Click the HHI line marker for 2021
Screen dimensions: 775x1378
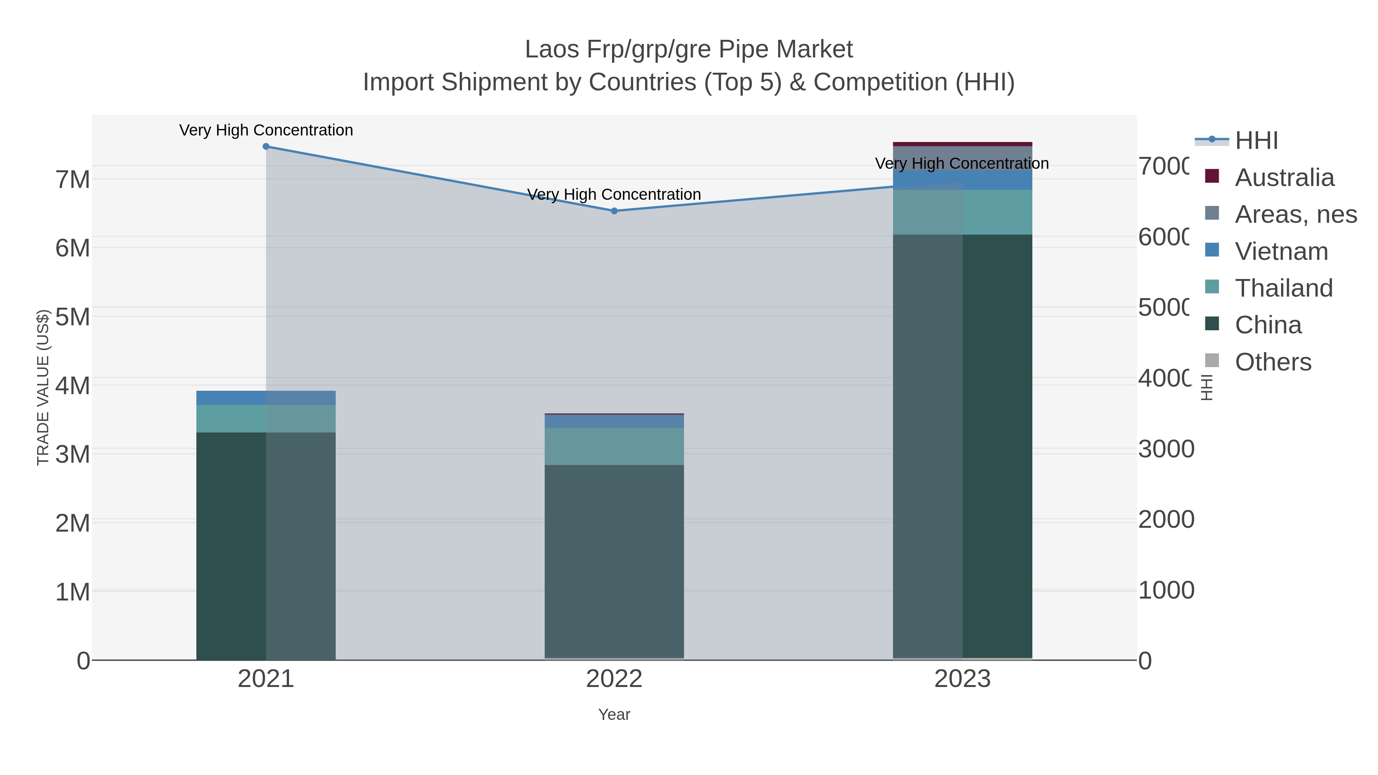(266, 147)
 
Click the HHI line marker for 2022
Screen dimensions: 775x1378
(614, 211)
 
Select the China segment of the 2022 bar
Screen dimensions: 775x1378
(614, 561)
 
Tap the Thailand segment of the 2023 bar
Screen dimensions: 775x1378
(962, 212)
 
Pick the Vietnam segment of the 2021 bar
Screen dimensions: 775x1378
(266, 398)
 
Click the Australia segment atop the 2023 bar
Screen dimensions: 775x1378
(962, 144)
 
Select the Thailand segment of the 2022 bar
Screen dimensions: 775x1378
(614, 447)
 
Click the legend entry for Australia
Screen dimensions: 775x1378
(1284, 178)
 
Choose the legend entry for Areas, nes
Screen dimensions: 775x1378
(1295, 214)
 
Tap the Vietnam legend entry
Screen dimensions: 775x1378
(1281, 251)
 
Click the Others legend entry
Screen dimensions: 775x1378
(1273, 362)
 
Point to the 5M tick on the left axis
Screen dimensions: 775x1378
(72, 317)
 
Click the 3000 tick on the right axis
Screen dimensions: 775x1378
(1166, 449)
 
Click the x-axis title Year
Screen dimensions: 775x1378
(614, 715)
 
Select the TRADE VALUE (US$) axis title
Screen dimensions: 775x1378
(43, 387)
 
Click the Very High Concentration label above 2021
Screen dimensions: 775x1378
(266, 131)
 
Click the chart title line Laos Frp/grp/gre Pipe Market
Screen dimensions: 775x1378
(689, 50)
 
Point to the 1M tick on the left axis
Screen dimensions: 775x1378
(72, 592)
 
